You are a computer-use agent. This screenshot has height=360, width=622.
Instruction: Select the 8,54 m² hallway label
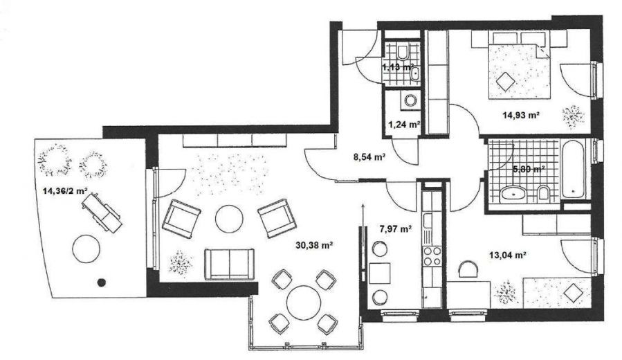coord(368,156)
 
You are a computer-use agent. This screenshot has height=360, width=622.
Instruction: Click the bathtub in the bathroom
coord(574,170)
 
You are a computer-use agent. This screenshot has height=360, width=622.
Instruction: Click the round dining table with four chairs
coord(302,302)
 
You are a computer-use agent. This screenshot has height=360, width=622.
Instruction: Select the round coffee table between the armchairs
coord(228,219)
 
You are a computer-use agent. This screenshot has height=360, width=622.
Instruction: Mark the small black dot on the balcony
coord(102,282)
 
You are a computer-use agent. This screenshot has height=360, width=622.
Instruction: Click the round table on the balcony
coord(88,248)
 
